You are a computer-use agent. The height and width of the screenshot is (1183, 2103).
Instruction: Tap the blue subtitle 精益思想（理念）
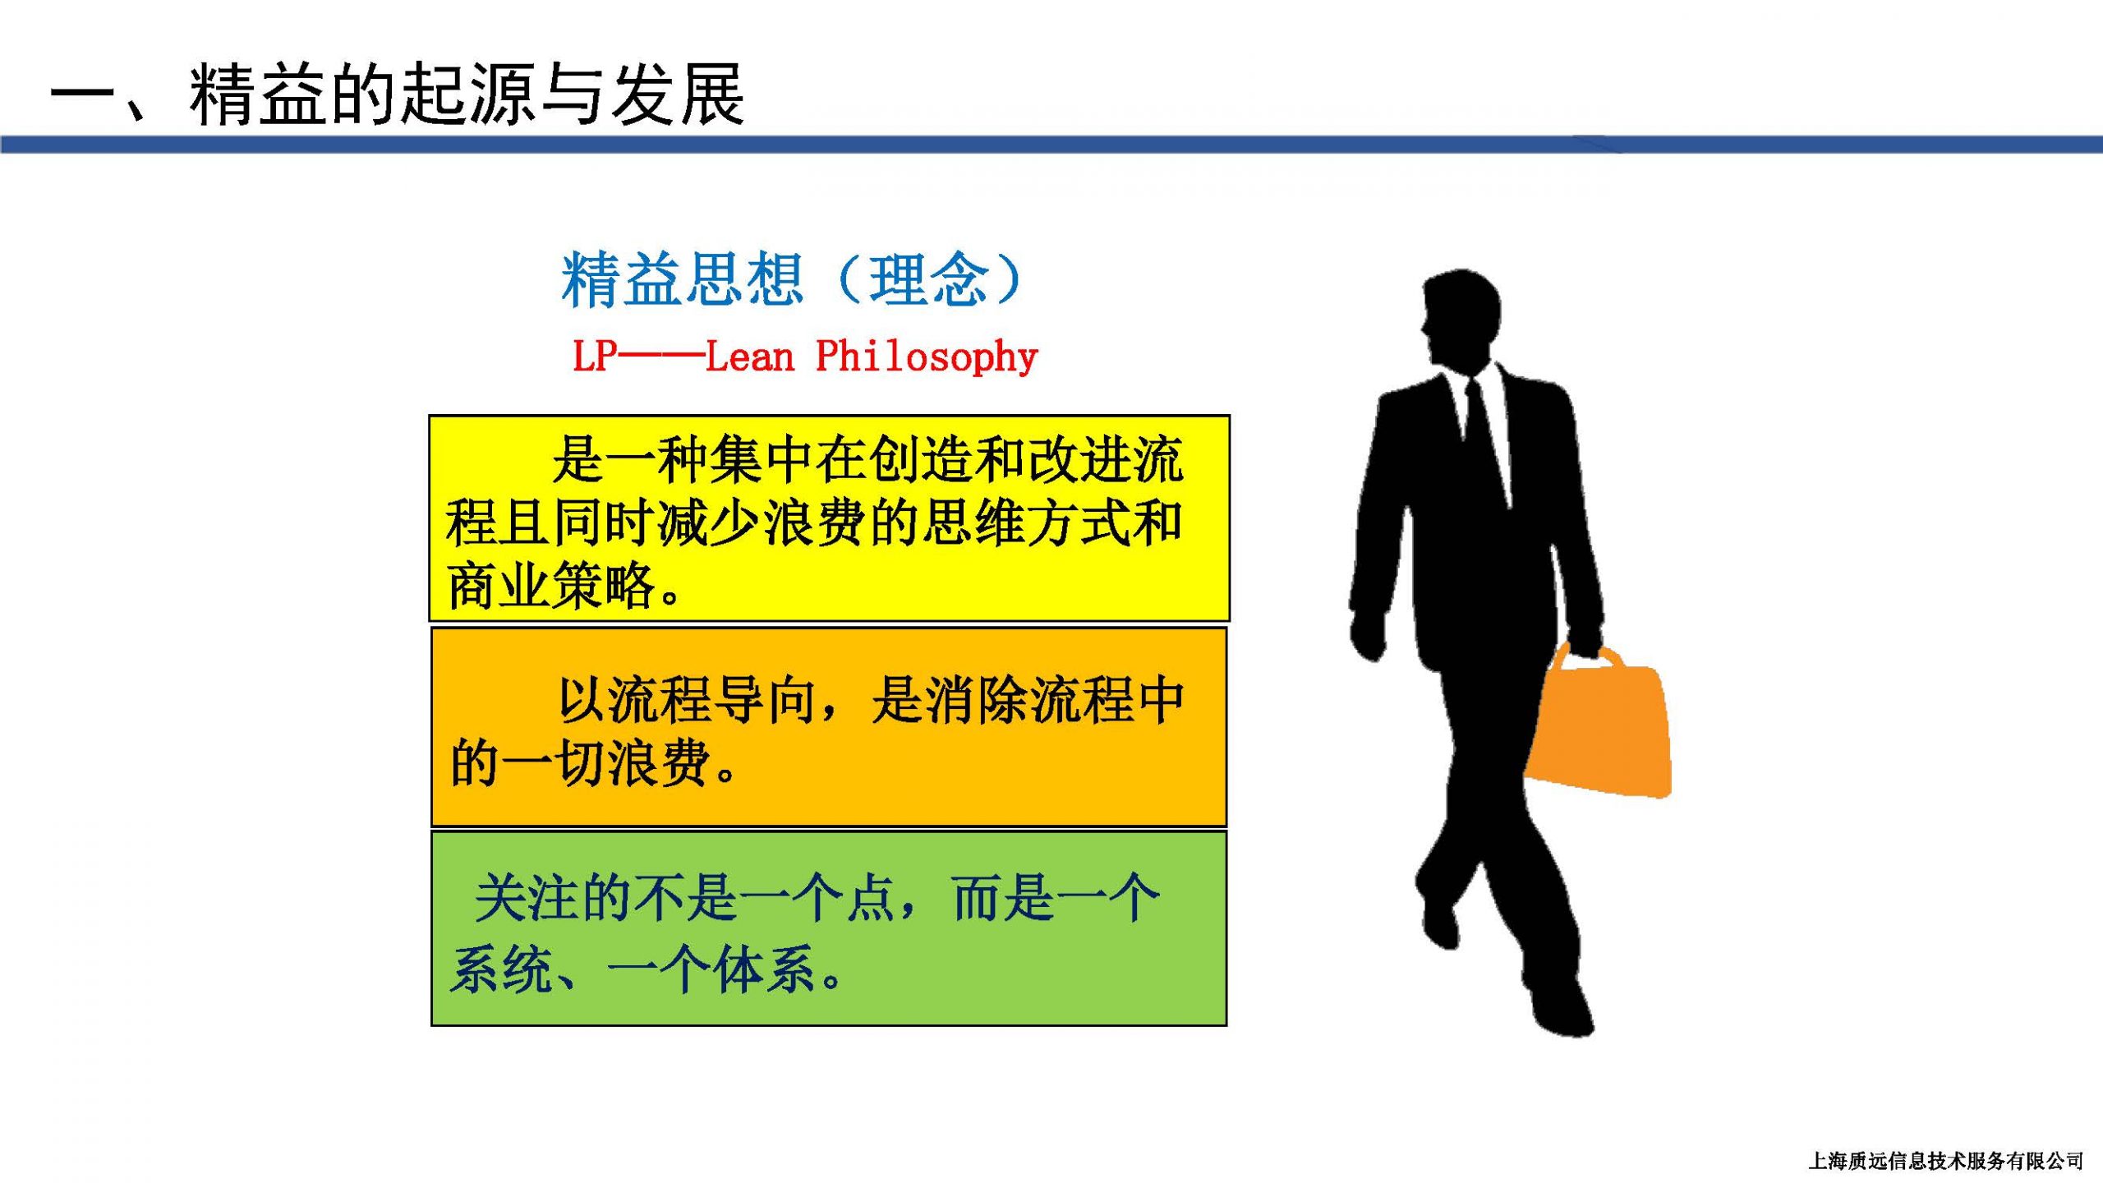click(792, 279)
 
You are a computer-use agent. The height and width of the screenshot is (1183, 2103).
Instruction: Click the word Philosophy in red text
click(927, 357)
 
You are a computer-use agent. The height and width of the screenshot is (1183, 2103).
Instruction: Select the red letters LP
click(595, 357)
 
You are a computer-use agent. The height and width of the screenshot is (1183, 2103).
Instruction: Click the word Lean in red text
click(749, 357)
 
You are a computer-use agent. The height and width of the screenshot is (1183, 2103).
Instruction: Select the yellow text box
click(829, 518)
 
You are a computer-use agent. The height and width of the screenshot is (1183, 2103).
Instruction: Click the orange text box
click(829, 726)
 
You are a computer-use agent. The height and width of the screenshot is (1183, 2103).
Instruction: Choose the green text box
click(829, 928)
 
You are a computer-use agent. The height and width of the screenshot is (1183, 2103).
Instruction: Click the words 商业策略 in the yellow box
click(551, 585)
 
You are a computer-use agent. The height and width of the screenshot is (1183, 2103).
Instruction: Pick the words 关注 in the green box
click(529, 898)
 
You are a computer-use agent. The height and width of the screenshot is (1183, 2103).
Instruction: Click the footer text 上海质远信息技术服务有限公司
click(1946, 1161)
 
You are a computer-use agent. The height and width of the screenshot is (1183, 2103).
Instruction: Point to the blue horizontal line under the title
click(1051, 145)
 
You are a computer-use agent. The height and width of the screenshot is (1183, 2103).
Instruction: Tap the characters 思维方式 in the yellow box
click(1026, 522)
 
